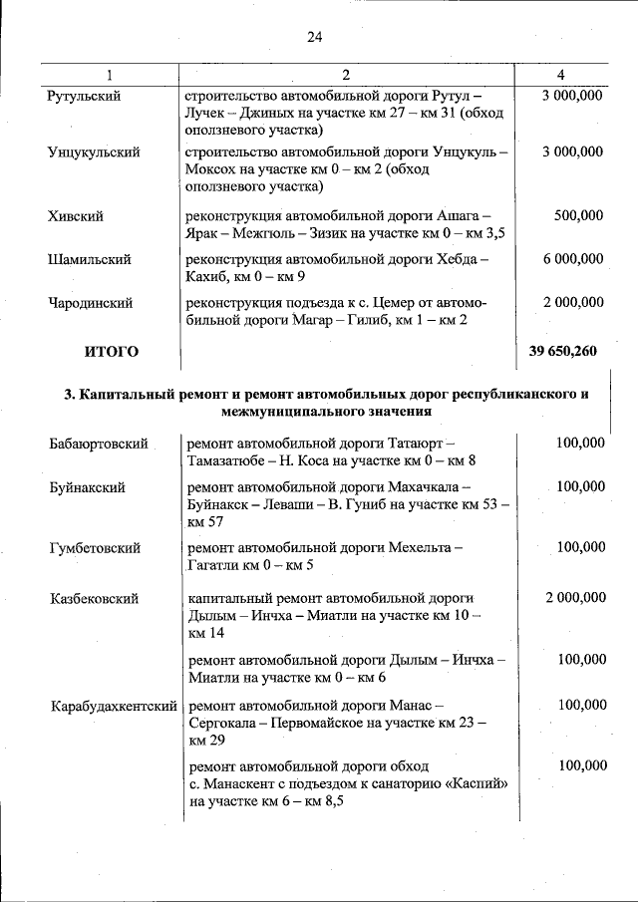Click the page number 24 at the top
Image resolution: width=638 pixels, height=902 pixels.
tap(314, 38)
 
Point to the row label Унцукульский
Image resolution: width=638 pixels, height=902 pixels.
tap(93, 152)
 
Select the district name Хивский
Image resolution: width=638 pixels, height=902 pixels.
tap(75, 215)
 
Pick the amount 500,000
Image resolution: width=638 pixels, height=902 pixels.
tap(579, 215)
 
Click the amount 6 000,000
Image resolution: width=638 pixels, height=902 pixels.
tap(573, 259)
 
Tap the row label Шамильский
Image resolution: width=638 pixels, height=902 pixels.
tap(89, 259)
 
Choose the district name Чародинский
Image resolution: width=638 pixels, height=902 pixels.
tap(90, 302)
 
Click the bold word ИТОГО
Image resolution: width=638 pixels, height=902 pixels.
tap(111, 351)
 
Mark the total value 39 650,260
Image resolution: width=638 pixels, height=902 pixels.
tap(565, 351)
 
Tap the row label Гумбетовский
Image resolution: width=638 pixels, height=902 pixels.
tap(95, 548)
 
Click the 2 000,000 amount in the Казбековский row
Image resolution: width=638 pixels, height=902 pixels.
tap(575, 597)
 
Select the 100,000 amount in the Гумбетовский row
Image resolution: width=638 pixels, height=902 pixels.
tap(581, 547)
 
